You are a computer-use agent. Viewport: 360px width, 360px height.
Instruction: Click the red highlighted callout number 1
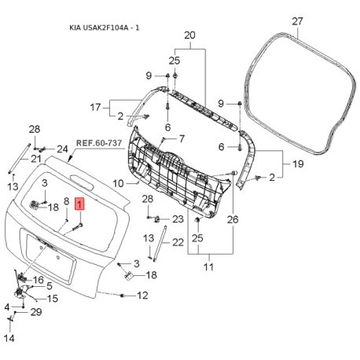(79, 204)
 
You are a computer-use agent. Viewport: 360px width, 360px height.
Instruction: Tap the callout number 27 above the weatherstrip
(297, 21)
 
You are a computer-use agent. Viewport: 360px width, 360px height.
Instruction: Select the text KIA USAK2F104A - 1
(105, 28)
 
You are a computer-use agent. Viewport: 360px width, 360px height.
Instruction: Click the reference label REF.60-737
(99, 143)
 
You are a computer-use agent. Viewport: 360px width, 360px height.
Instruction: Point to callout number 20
(189, 35)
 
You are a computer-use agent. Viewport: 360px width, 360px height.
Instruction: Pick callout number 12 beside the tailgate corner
(142, 296)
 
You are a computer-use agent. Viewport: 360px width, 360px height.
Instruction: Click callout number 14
(9, 338)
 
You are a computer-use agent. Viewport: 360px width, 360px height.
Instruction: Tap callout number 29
(36, 312)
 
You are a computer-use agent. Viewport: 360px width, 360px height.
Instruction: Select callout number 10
(118, 183)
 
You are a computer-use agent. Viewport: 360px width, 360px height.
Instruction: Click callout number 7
(182, 138)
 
